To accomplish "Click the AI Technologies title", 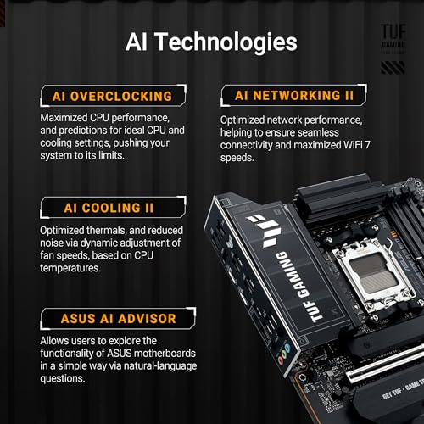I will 211,42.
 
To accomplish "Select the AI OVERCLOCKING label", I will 106,96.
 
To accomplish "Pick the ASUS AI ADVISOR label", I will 106,319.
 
